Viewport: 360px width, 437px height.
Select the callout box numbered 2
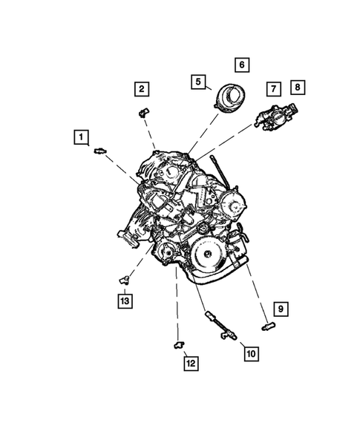click(x=141, y=90)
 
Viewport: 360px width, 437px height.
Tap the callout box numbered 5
click(x=199, y=82)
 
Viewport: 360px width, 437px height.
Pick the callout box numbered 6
click(x=242, y=65)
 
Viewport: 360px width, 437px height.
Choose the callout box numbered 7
click(x=273, y=89)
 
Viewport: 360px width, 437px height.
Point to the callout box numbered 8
click(x=297, y=88)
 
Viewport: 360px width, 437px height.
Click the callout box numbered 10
click(x=250, y=353)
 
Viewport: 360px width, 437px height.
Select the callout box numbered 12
click(x=191, y=363)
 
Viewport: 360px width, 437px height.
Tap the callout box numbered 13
click(x=125, y=300)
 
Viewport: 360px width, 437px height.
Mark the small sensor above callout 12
click(x=178, y=341)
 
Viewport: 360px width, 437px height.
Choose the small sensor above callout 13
click(x=124, y=279)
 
